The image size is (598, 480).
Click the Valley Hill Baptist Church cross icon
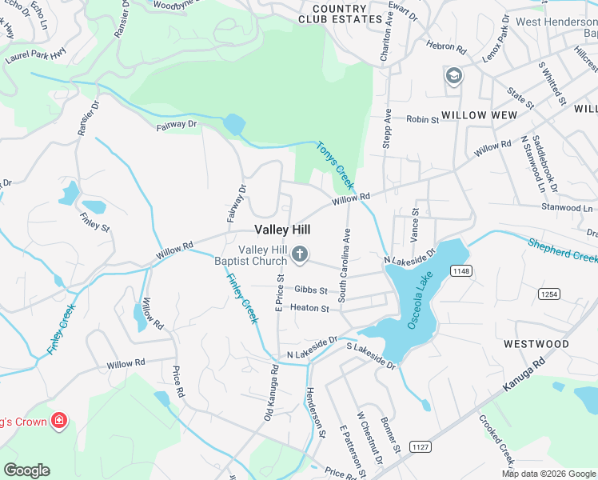[x=300, y=255]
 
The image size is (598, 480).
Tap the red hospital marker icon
[x=58, y=420]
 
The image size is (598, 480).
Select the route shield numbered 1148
[x=460, y=272]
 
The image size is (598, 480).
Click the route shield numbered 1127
[x=421, y=446]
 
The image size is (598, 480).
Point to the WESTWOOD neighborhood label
[x=536, y=344]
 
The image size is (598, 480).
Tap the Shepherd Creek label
[x=562, y=249]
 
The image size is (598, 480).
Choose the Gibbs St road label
[x=311, y=290]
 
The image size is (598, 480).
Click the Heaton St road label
[x=309, y=308]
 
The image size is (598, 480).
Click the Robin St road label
[x=423, y=120]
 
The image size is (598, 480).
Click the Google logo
[x=26, y=470]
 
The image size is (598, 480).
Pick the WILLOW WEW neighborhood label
[x=475, y=115]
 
